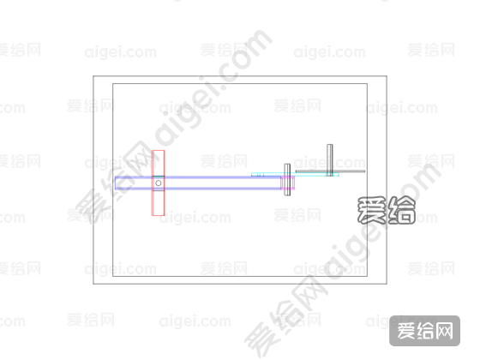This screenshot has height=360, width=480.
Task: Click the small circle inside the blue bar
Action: [x=159, y=183]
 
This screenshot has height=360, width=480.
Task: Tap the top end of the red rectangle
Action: [x=159, y=151]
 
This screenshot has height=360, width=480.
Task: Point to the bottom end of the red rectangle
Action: [x=159, y=215]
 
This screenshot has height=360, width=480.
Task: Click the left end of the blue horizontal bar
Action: [x=116, y=183]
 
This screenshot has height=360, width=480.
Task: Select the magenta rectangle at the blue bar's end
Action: [x=287, y=183]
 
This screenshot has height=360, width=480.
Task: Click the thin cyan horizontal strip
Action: [x=295, y=175]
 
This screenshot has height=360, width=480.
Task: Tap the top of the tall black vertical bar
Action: [x=330, y=145]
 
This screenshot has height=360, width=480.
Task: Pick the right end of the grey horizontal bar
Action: [x=364, y=171]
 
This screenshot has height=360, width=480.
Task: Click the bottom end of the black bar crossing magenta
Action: [x=287, y=195]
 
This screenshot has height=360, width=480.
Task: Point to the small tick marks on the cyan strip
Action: [x=259, y=175]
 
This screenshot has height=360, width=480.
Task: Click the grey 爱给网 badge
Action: [x=424, y=331]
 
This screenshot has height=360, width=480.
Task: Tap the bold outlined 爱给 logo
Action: [x=387, y=210]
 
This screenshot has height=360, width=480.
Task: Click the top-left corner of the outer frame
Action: [x=93, y=76]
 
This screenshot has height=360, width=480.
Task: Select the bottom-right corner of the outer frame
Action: [x=387, y=284]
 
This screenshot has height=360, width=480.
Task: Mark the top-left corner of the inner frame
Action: [x=113, y=84]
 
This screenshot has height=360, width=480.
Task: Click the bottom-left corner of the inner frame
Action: [x=113, y=276]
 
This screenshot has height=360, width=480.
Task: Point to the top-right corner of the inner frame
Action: [x=367, y=84]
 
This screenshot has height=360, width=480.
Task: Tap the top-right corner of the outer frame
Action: [x=387, y=76]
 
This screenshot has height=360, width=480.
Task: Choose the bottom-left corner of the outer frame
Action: [x=93, y=284]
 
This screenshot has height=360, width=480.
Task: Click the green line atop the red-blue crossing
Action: [x=159, y=177]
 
